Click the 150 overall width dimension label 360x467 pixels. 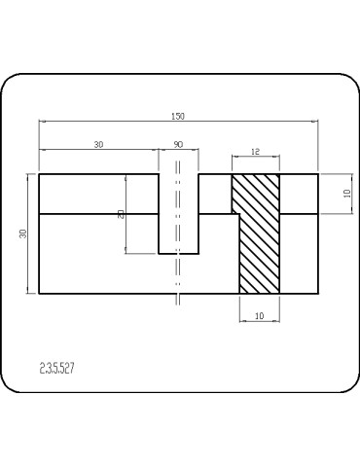(x=178, y=116)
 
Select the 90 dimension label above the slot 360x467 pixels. (x=178, y=144)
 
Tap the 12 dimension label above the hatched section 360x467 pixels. (x=256, y=152)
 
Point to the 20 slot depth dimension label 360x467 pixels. (x=122, y=214)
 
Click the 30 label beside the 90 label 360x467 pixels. (x=98, y=144)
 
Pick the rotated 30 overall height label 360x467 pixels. (x=23, y=233)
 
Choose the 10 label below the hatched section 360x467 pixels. (x=260, y=315)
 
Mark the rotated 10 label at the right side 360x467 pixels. (x=347, y=194)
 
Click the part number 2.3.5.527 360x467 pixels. (x=57, y=369)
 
